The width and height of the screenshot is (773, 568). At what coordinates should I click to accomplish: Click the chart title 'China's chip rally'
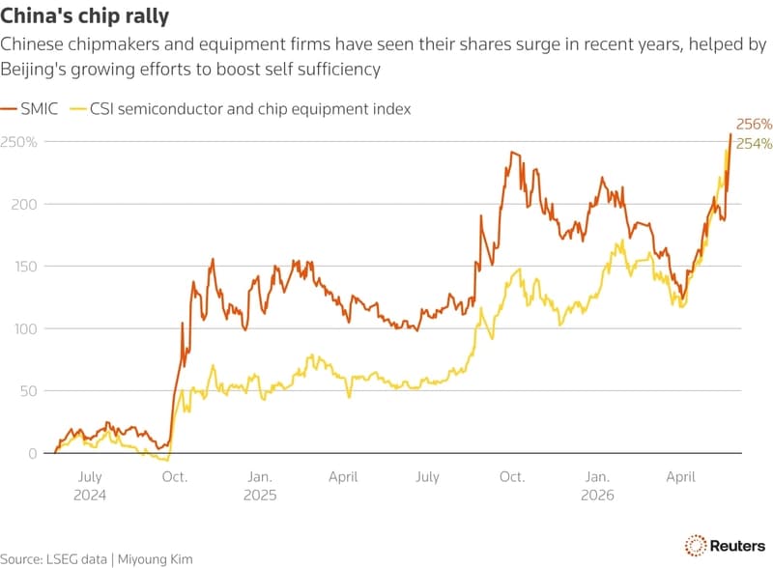click(x=84, y=15)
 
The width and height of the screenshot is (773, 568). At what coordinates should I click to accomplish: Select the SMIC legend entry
click(x=29, y=108)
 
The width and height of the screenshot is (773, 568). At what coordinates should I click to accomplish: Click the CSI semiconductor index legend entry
click(x=240, y=109)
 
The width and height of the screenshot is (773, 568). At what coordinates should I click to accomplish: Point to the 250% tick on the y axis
click(x=18, y=142)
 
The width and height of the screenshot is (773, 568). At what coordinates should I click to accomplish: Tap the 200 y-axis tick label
click(x=24, y=204)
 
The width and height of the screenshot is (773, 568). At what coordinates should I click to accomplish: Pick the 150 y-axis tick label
click(x=25, y=267)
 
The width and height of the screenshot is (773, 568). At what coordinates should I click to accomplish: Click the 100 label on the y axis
click(x=26, y=328)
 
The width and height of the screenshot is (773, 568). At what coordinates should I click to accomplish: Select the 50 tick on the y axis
click(x=29, y=391)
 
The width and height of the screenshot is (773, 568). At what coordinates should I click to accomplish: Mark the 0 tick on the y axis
click(x=33, y=453)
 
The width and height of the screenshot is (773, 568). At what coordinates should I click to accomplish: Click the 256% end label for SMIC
click(x=754, y=124)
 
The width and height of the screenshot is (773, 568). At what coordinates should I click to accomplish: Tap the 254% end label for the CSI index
click(x=754, y=144)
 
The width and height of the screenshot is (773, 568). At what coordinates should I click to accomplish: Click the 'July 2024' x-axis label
click(x=90, y=486)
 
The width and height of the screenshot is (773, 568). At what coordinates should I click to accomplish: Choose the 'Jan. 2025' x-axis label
click(x=260, y=486)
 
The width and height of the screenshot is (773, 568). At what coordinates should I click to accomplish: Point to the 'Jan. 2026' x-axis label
click(x=597, y=486)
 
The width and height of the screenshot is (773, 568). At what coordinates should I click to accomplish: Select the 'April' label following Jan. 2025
click(x=343, y=477)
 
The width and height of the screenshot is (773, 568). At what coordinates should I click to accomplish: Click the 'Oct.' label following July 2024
click(x=175, y=477)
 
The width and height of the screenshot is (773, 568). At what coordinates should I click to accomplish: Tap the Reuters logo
click(x=725, y=546)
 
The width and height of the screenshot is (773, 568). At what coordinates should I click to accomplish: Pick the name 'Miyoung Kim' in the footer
click(x=156, y=559)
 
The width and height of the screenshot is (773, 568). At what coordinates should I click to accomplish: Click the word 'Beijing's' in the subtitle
click(x=33, y=70)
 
